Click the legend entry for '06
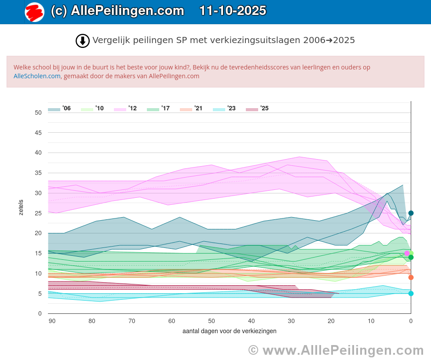(x=59, y=109)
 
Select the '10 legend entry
(x=92, y=109)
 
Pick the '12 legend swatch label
(x=125, y=109)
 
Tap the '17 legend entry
(x=158, y=109)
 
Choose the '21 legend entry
(x=191, y=109)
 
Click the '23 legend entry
(x=224, y=109)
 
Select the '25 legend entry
(x=257, y=109)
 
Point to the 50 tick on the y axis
(x=38, y=113)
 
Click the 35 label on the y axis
(x=38, y=173)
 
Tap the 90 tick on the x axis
(x=52, y=321)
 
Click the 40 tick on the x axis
(x=251, y=321)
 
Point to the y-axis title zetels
(x=21, y=207)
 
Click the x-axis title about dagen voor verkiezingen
(x=229, y=331)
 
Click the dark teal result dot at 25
(x=411, y=213)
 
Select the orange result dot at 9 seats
(x=411, y=277)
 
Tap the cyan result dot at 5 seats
(x=411, y=294)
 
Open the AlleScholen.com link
(x=37, y=76)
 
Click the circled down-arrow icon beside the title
(x=83, y=40)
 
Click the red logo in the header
(x=34, y=12)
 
